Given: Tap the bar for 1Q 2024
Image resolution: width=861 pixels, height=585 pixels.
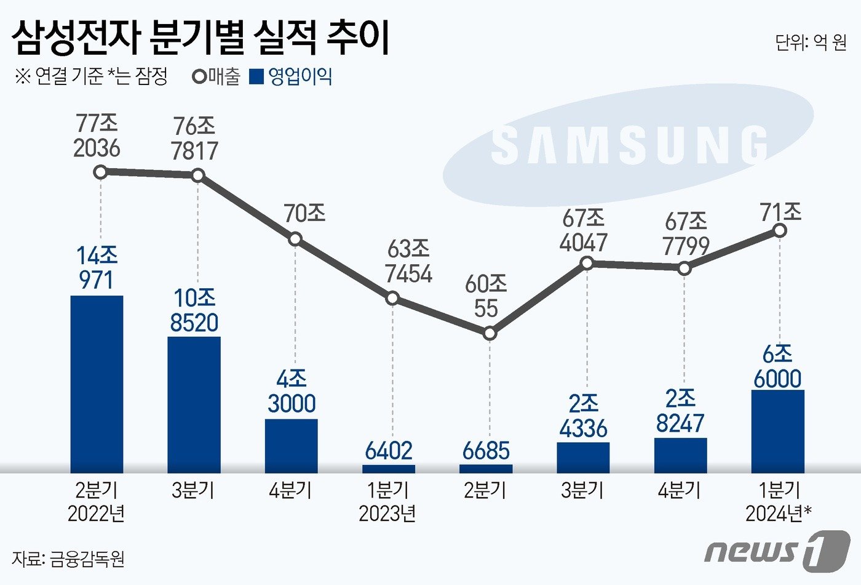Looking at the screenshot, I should click(777, 430).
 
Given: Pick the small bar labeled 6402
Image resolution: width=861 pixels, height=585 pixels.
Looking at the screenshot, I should click(388, 469).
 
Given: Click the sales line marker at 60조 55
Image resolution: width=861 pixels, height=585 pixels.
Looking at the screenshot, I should click(489, 333).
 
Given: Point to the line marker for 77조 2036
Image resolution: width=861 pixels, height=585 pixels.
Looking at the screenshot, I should click(100, 172).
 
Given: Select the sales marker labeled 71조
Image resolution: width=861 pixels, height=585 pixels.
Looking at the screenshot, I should click(780, 230).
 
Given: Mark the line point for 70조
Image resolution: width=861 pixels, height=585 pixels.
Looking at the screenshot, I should click(295, 238).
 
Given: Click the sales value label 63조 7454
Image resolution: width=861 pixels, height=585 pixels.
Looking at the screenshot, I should click(408, 261).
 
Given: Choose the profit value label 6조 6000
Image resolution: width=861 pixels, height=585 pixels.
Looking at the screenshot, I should click(777, 366).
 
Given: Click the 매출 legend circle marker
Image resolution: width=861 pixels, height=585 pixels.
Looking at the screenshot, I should click(199, 77).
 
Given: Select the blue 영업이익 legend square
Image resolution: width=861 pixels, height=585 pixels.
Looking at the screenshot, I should click(256, 77).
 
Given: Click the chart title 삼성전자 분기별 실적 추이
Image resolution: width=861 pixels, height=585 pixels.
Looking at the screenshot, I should click(200, 38).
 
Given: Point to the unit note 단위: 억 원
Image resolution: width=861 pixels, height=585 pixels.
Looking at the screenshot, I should click(811, 42).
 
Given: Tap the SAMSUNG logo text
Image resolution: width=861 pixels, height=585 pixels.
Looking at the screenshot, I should click(629, 146).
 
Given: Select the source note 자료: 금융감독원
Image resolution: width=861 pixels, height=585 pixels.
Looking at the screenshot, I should click(68, 559).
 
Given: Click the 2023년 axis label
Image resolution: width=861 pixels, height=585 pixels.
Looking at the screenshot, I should click(387, 513).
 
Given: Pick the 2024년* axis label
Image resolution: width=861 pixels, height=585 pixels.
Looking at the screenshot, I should click(779, 513).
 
